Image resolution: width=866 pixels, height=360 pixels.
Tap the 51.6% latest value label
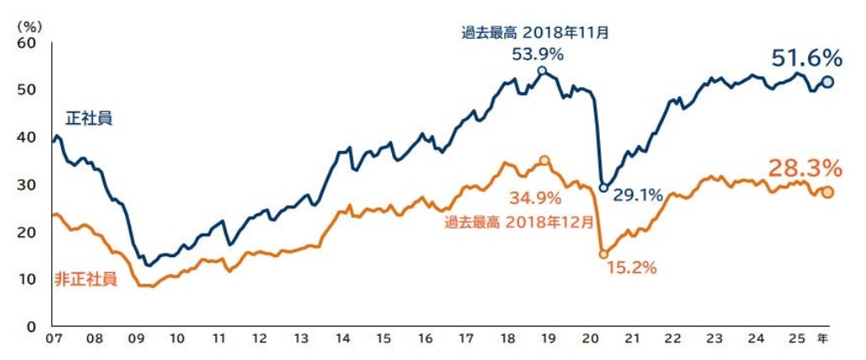click(806, 58)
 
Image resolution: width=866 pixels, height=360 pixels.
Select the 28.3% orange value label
click(805, 167)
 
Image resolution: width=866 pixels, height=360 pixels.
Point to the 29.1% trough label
click(638, 195)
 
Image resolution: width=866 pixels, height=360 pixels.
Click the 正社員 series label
click(88, 118)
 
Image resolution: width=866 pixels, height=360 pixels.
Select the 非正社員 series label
click(85, 279)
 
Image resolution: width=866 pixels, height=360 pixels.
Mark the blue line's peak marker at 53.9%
click(542, 70)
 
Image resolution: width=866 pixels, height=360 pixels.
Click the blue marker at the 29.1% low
click(603, 188)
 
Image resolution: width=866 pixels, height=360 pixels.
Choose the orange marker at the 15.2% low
click(603, 254)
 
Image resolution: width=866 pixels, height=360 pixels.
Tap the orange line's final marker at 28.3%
click(827, 192)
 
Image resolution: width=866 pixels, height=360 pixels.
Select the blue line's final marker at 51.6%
click(827, 81)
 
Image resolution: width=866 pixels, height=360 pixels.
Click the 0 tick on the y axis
click(32, 327)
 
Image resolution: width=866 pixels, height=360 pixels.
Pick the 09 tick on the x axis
click(135, 340)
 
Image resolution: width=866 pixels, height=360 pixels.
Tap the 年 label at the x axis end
click(822, 339)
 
